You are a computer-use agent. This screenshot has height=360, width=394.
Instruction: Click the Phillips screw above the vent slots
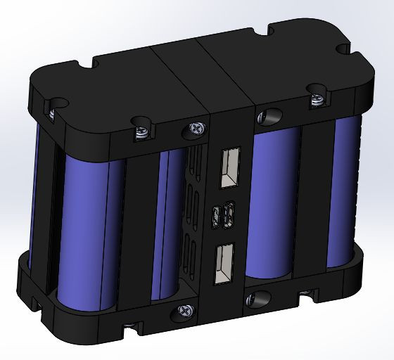194,130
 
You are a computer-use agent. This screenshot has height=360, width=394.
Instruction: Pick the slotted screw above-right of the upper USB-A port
267,115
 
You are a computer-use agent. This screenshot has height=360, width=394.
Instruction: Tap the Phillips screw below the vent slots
186,309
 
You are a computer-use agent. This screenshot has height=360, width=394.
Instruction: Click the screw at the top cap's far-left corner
51,110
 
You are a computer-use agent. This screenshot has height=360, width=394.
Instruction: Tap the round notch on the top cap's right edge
343,50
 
